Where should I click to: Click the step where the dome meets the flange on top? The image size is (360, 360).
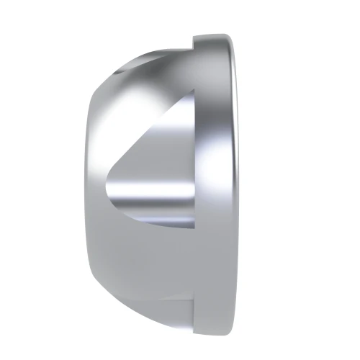(x=194, y=43)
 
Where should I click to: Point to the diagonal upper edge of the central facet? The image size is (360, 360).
(x=151, y=130)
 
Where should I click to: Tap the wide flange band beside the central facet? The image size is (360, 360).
(x=216, y=180)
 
